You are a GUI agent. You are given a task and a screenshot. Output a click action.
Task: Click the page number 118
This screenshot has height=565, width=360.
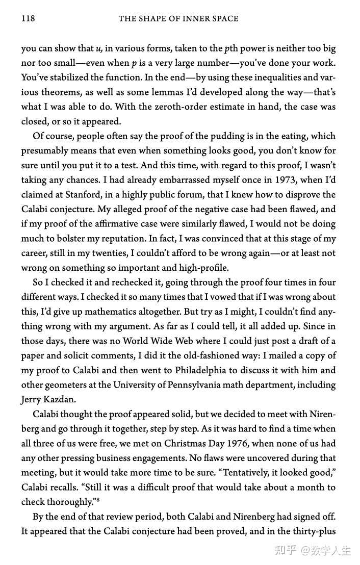pos(28,19)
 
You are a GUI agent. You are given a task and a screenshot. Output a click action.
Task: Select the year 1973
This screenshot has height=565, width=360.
pos(279,180)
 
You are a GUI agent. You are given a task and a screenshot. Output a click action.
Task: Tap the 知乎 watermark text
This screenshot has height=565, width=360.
pos(285,551)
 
